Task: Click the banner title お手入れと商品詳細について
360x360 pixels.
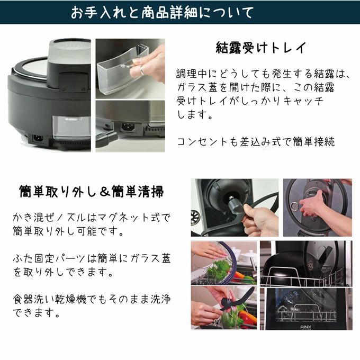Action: click(x=163, y=12)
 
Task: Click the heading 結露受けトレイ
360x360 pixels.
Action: click(x=261, y=48)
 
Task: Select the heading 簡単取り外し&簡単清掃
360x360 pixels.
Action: click(x=92, y=192)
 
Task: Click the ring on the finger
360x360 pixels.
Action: click(x=142, y=70)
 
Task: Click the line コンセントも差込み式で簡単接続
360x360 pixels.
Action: click(x=256, y=142)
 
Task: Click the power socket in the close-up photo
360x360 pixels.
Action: click(x=128, y=127)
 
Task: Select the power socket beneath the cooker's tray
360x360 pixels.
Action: click(x=38, y=139)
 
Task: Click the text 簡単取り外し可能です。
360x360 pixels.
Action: click(x=69, y=231)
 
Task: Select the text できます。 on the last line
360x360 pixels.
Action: click(x=37, y=313)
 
